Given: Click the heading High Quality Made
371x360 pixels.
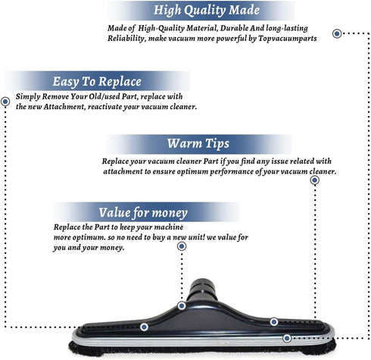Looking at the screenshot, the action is point(207,11).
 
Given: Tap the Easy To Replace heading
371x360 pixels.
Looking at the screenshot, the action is point(97,82).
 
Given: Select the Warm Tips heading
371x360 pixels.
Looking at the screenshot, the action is point(198,144).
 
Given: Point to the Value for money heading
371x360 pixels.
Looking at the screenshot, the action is point(143,213).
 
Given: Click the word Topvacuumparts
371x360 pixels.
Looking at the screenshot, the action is point(288,39).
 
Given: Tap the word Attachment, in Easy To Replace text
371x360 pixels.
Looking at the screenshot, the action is point(65,107).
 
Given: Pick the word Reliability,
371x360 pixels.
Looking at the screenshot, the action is point(126,39).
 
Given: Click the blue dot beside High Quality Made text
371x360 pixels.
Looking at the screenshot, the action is point(337,33).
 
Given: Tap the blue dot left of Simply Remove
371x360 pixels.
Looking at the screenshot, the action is point(5,102).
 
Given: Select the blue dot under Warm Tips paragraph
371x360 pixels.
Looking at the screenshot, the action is point(315,180).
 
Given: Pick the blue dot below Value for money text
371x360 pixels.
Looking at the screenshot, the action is point(182,246).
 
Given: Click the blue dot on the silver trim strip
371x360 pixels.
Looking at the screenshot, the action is point(287,338).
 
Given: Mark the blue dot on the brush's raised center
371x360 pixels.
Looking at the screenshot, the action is point(182,306).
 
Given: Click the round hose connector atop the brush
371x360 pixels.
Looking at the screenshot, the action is point(202,289).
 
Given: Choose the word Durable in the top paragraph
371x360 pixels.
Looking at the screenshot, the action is point(235,28).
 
